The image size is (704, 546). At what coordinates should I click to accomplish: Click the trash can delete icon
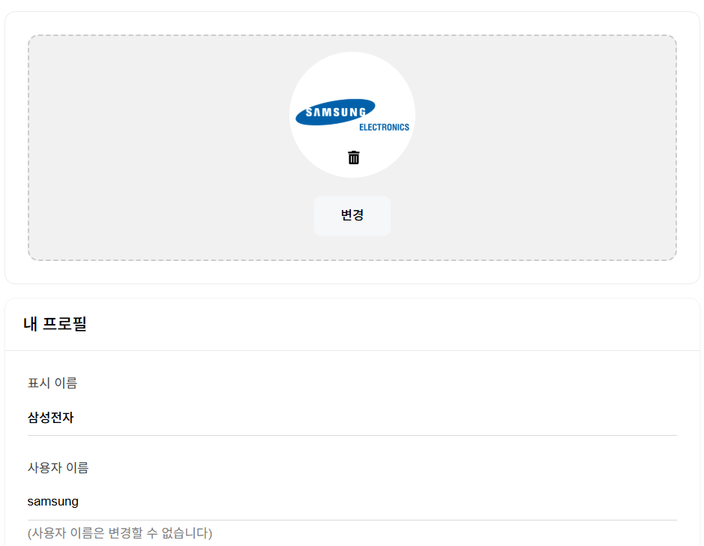coord(354,157)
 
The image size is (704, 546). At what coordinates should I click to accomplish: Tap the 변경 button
coord(352,216)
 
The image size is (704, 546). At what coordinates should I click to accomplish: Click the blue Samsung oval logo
coord(335,112)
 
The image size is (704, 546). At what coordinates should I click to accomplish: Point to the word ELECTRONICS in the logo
coord(384,127)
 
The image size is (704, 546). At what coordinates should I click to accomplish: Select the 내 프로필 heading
coord(55,325)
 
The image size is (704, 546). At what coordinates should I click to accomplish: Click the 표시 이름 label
coord(52,383)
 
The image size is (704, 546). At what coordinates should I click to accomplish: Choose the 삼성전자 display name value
coord(51,418)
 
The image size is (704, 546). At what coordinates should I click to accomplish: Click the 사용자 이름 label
coord(58,468)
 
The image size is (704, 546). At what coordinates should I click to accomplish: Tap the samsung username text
coord(52,501)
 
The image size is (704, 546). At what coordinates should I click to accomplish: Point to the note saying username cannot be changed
coord(120,533)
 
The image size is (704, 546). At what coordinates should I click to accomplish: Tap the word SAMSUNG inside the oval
coord(336,113)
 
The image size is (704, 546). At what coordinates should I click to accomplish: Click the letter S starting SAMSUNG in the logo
coord(309,115)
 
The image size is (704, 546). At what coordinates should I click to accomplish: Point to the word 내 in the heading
coord(30,325)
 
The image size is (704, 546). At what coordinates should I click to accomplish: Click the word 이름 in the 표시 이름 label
coord(66,383)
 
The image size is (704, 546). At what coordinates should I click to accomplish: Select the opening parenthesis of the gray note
coord(29,533)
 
